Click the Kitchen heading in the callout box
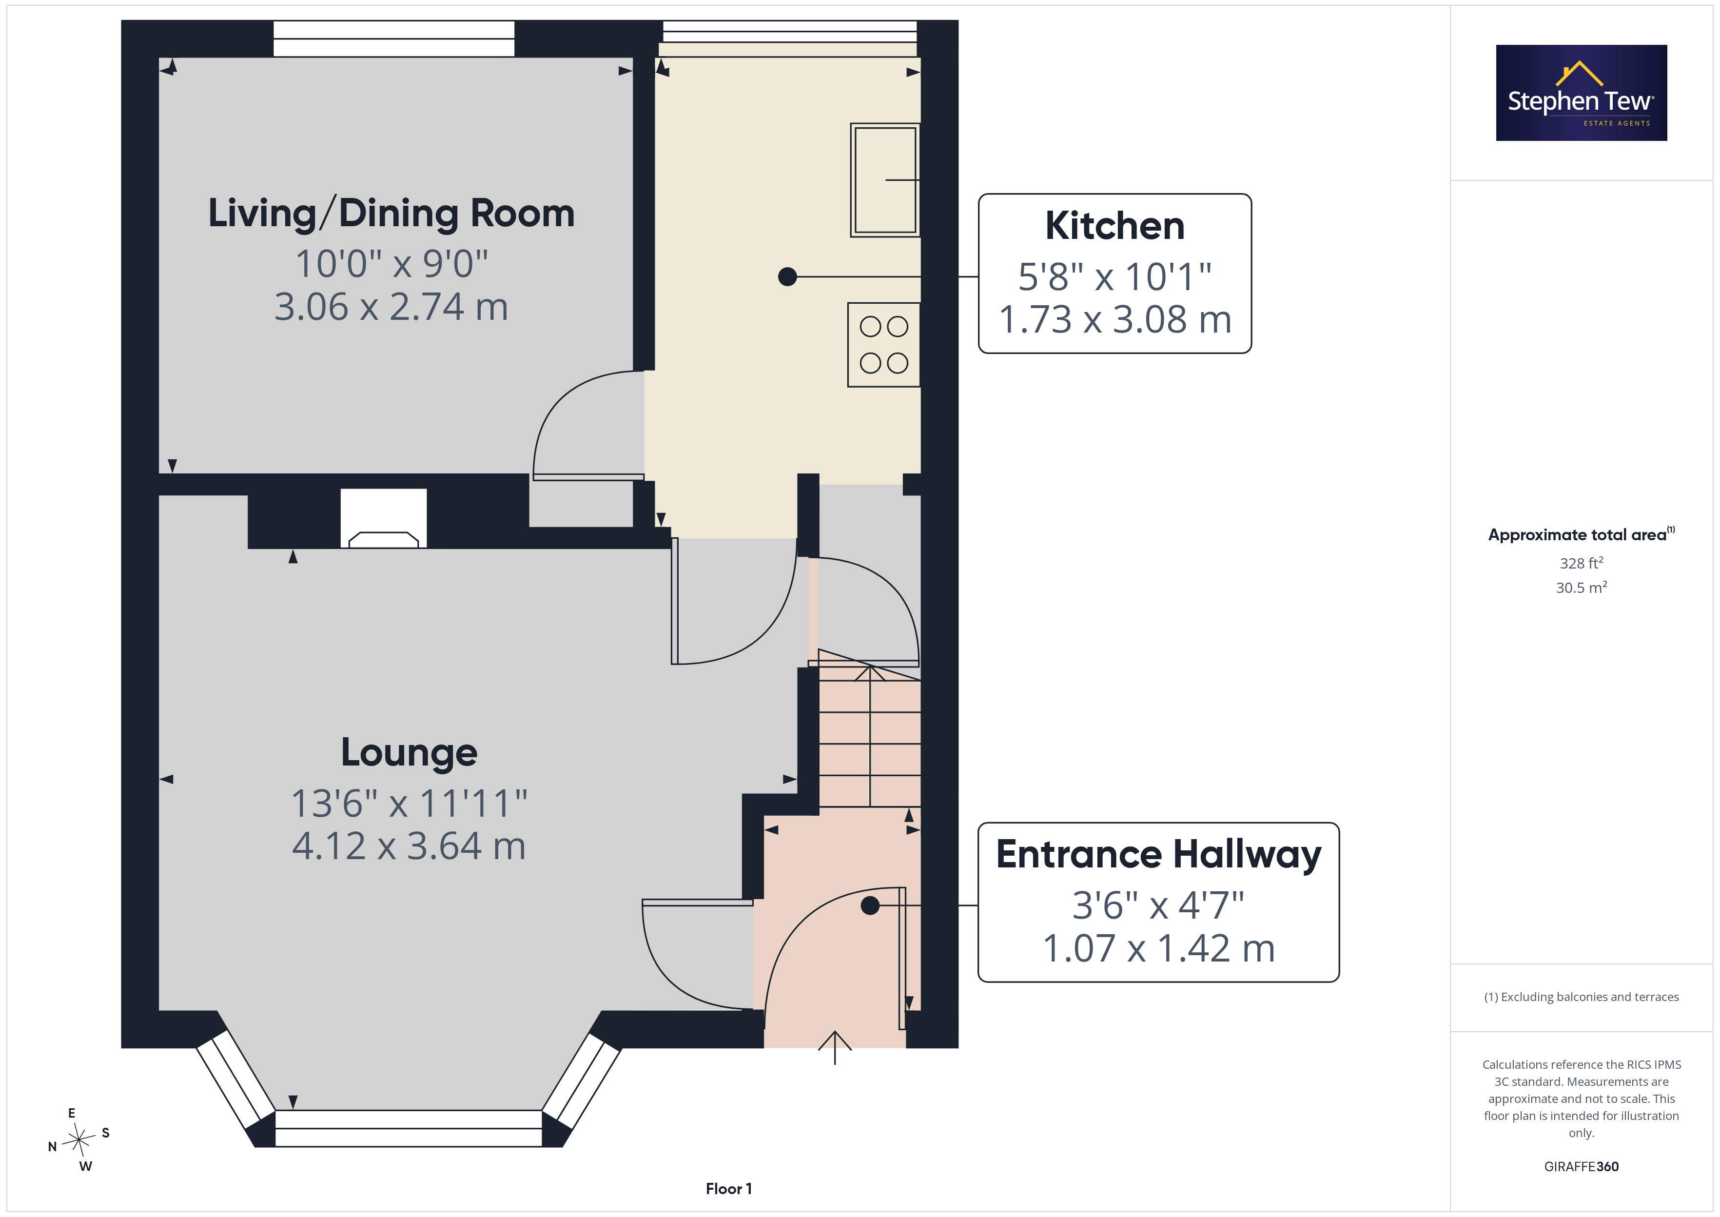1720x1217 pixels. (x=1114, y=226)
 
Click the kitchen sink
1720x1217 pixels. (x=885, y=180)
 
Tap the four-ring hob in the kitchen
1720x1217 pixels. (x=884, y=345)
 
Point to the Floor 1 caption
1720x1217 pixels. (x=728, y=1189)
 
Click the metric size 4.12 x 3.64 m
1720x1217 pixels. (x=409, y=846)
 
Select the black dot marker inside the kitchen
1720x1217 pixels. (x=787, y=276)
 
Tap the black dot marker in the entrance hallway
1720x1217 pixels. (x=870, y=905)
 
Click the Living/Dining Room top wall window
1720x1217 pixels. (x=394, y=38)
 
